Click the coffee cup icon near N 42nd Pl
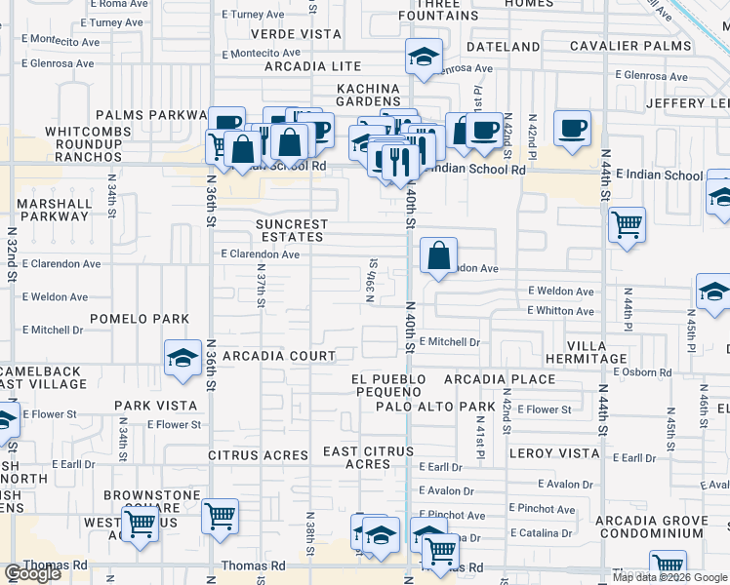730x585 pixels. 573,128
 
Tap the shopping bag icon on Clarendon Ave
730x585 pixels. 439,255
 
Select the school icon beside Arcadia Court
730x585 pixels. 182,358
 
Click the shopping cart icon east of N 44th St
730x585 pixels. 627,224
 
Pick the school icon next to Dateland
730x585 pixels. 425,57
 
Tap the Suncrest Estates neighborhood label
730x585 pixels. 290,230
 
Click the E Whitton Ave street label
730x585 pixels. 560,311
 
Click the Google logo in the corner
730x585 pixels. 33,574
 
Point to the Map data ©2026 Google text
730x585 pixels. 669,577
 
